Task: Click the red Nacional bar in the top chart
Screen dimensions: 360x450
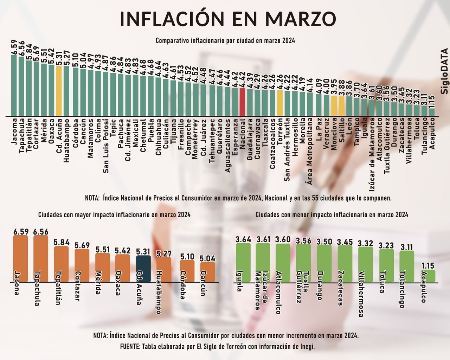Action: coord(242,102)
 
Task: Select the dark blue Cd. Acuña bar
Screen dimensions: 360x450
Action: coord(143,269)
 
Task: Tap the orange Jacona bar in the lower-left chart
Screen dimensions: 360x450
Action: coord(20,258)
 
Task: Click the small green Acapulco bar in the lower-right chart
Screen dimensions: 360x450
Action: coord(428,276)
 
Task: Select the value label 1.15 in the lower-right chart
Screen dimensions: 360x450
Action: coord(428,265)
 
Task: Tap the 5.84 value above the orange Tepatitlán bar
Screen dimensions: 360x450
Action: coord(61,242)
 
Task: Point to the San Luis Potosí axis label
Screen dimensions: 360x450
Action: coord(105,145)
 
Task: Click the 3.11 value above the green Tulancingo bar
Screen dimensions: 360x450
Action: coord(407,246)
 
